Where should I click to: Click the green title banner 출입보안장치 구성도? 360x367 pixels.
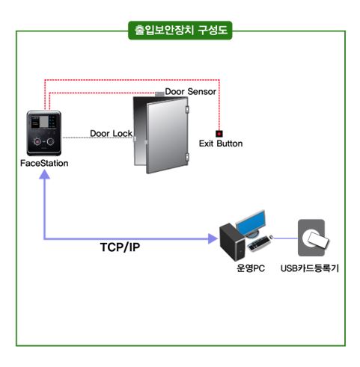point(180,31)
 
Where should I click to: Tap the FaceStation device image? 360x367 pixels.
point(44,133)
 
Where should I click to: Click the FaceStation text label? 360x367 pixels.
point(44,164)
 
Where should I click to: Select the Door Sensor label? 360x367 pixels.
point(190,92)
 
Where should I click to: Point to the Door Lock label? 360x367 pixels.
point(111,134)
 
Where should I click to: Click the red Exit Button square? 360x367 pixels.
point(219,134)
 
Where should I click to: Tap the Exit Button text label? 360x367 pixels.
point(221,144)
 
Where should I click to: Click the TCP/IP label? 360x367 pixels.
point(120,247)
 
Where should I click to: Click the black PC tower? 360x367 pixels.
point(232,241)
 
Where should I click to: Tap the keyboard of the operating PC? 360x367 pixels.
point(260,244)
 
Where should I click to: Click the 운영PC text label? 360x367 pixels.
point(251,268)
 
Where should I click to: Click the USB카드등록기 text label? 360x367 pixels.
point(310,268)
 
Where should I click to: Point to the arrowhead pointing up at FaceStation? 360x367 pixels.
point(45,174)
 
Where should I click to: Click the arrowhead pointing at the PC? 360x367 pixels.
point(213,238)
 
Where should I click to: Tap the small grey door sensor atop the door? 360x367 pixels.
point(159,94)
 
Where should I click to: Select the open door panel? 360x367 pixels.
point(167,135)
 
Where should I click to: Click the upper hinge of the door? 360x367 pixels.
point(187,109)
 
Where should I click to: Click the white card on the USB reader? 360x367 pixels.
point(319,239)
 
